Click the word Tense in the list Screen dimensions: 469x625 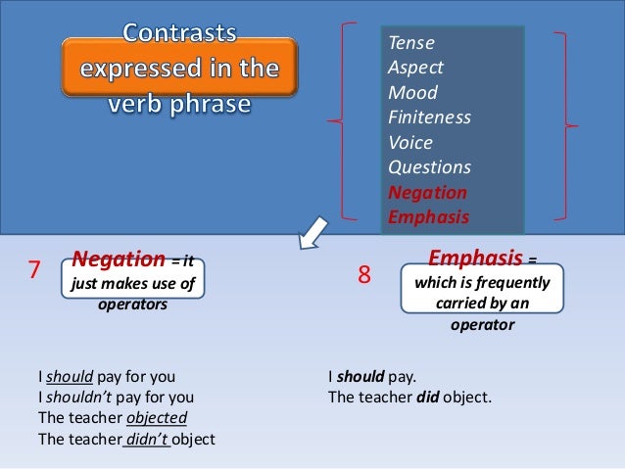411,44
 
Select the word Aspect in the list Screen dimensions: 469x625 416,69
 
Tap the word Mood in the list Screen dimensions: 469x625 413,94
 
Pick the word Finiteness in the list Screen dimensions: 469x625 430,118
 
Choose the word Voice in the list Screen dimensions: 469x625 411,143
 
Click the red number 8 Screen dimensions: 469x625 363,277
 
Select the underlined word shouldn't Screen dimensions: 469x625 80,397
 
